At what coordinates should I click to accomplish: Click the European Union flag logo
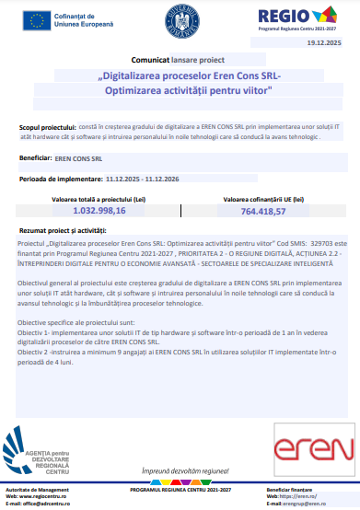(x=40, y=20)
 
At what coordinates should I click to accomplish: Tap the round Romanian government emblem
(x=177, y=20)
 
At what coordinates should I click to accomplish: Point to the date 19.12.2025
(x=324, y=42)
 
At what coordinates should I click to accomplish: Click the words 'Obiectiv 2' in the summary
(x=35, y=338)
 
